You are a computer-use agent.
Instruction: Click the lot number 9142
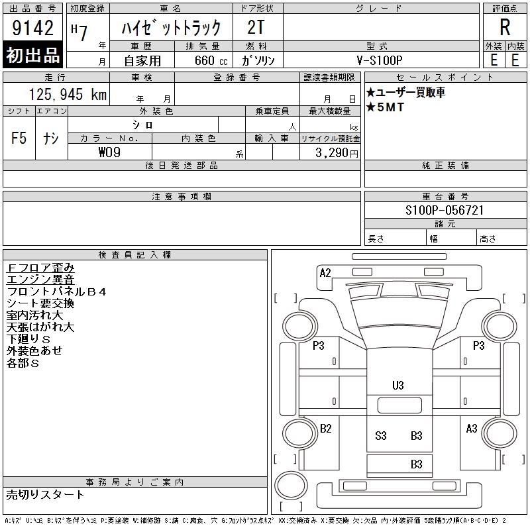[x=32, y=28]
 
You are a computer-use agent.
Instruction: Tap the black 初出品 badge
[x=32, y=55]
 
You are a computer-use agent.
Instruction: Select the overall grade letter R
[x=505, y=27]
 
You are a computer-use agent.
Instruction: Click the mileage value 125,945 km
[x=68, y=94]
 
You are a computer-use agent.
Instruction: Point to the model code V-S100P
[x=380, y=60]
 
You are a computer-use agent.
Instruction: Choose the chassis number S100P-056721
[x=445, y=210]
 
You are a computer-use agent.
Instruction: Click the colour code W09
[x=109, y=152]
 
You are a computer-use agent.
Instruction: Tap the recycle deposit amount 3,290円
[x=337, y=153]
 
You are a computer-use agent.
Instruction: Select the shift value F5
[x=19, y=138]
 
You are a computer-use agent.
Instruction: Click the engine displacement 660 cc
[x=211, y=60]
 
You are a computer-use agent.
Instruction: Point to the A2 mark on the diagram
[x=325, y=273]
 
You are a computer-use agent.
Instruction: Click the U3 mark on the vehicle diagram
[x=398, y=386]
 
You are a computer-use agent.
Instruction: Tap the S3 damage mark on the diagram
[x=380, y=436]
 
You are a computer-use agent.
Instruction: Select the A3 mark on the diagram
[x=472, y=429]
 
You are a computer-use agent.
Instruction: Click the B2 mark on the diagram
[x=325, y=429]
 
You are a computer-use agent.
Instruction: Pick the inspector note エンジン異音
[x=40, y=280]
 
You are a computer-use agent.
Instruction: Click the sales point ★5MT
[x=385, y=107]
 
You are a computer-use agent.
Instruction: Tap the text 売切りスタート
[x=45, y=494]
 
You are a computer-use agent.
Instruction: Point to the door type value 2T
[x=256, y=27]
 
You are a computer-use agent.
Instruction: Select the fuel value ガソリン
[x=258, y=60]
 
